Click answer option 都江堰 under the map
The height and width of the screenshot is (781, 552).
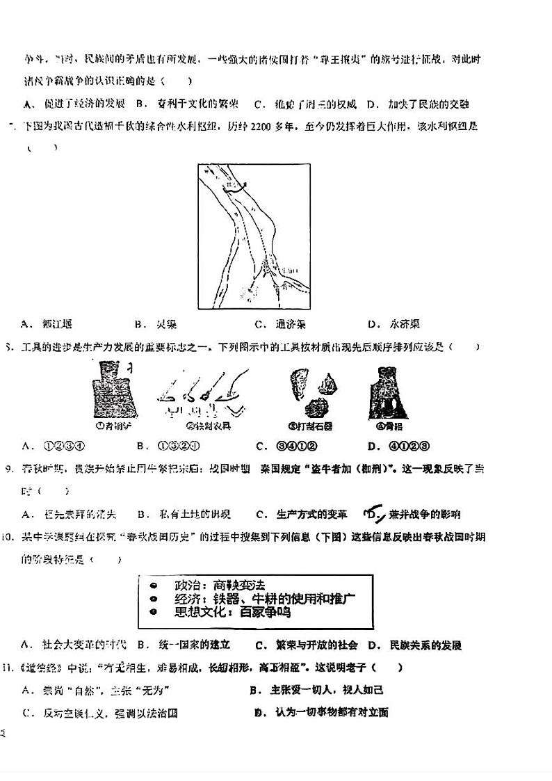click(x=56, y=324)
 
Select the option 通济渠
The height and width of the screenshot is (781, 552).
click(x=290, y=324)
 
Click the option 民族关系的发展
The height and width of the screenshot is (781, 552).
click(x=425, y=645)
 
